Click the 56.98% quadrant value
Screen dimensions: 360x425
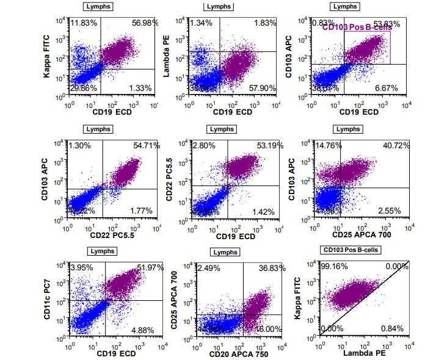pos(145,23)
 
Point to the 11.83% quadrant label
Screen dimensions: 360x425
pos(84,23)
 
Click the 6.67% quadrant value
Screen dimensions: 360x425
pos(386,88)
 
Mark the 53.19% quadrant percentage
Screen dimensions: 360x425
pos(264,147)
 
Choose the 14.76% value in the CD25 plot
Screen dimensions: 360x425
pos(327,147)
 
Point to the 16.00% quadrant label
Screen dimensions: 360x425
pos(264,329)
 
